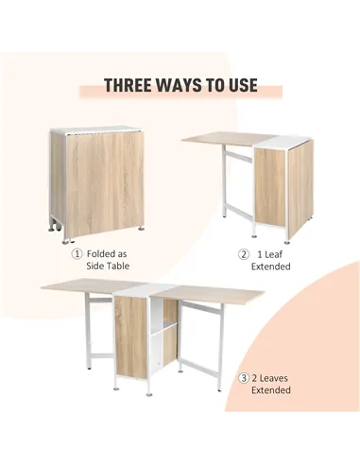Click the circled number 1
coord(77,254)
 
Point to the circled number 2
coord(243,254)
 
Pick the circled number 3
coord(243,377)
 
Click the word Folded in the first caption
coord(104,254)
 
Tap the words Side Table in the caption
coord(106,267)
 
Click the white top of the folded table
coord(94,128)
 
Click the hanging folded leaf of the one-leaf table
coord(300,189)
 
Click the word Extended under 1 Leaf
coord(270,267)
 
